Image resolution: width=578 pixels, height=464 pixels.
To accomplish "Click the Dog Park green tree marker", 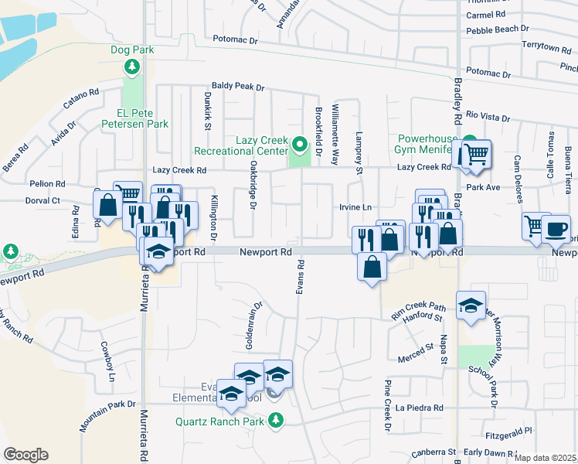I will [x=132, y=67].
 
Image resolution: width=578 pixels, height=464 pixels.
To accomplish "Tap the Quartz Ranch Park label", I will [x=219, y=421].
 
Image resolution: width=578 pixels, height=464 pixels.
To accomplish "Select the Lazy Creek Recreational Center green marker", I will [x=299, y=144].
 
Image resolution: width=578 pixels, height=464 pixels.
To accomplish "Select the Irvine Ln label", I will [x=355, y=208].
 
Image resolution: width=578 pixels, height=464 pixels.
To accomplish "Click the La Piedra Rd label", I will [x=419, y=408].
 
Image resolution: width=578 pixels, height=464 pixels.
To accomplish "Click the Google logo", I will [x=25, y=455].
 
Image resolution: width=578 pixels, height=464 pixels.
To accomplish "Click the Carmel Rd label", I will [x=485, y=15].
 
